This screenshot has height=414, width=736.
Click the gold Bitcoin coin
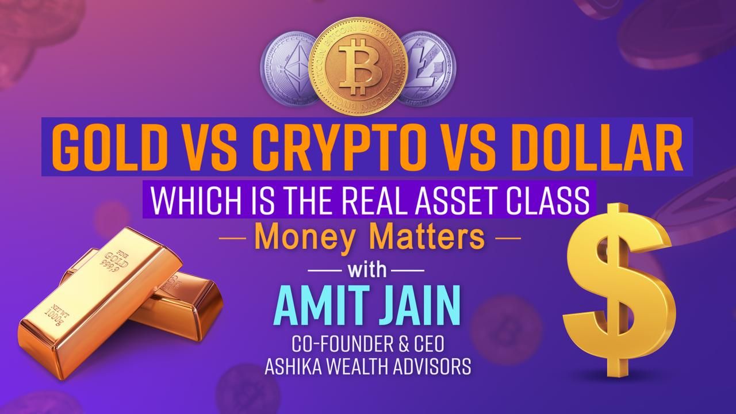357,66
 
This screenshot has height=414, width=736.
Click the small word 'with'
367,270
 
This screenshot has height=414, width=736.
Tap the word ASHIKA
298,366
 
